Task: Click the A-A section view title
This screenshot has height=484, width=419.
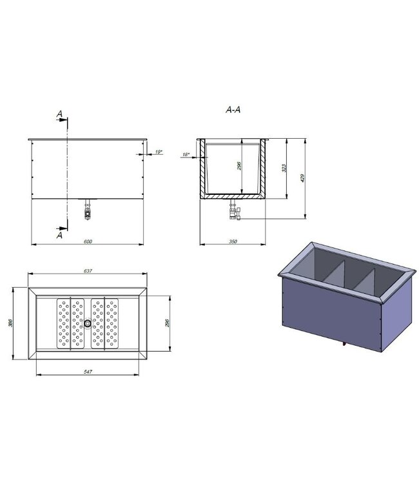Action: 233,110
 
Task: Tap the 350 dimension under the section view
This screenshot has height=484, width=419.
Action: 233,241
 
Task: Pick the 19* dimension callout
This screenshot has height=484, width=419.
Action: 159,152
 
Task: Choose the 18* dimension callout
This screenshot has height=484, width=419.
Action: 185,155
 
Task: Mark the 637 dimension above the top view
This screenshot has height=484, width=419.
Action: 88,271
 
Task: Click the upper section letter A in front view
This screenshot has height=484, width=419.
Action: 59,114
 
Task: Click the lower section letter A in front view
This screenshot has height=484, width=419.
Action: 59,236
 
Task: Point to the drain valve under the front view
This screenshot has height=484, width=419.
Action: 88,210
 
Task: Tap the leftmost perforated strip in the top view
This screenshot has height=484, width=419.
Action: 63,322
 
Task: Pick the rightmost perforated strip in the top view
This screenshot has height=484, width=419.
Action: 113,322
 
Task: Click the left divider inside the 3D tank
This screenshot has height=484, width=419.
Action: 334,276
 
